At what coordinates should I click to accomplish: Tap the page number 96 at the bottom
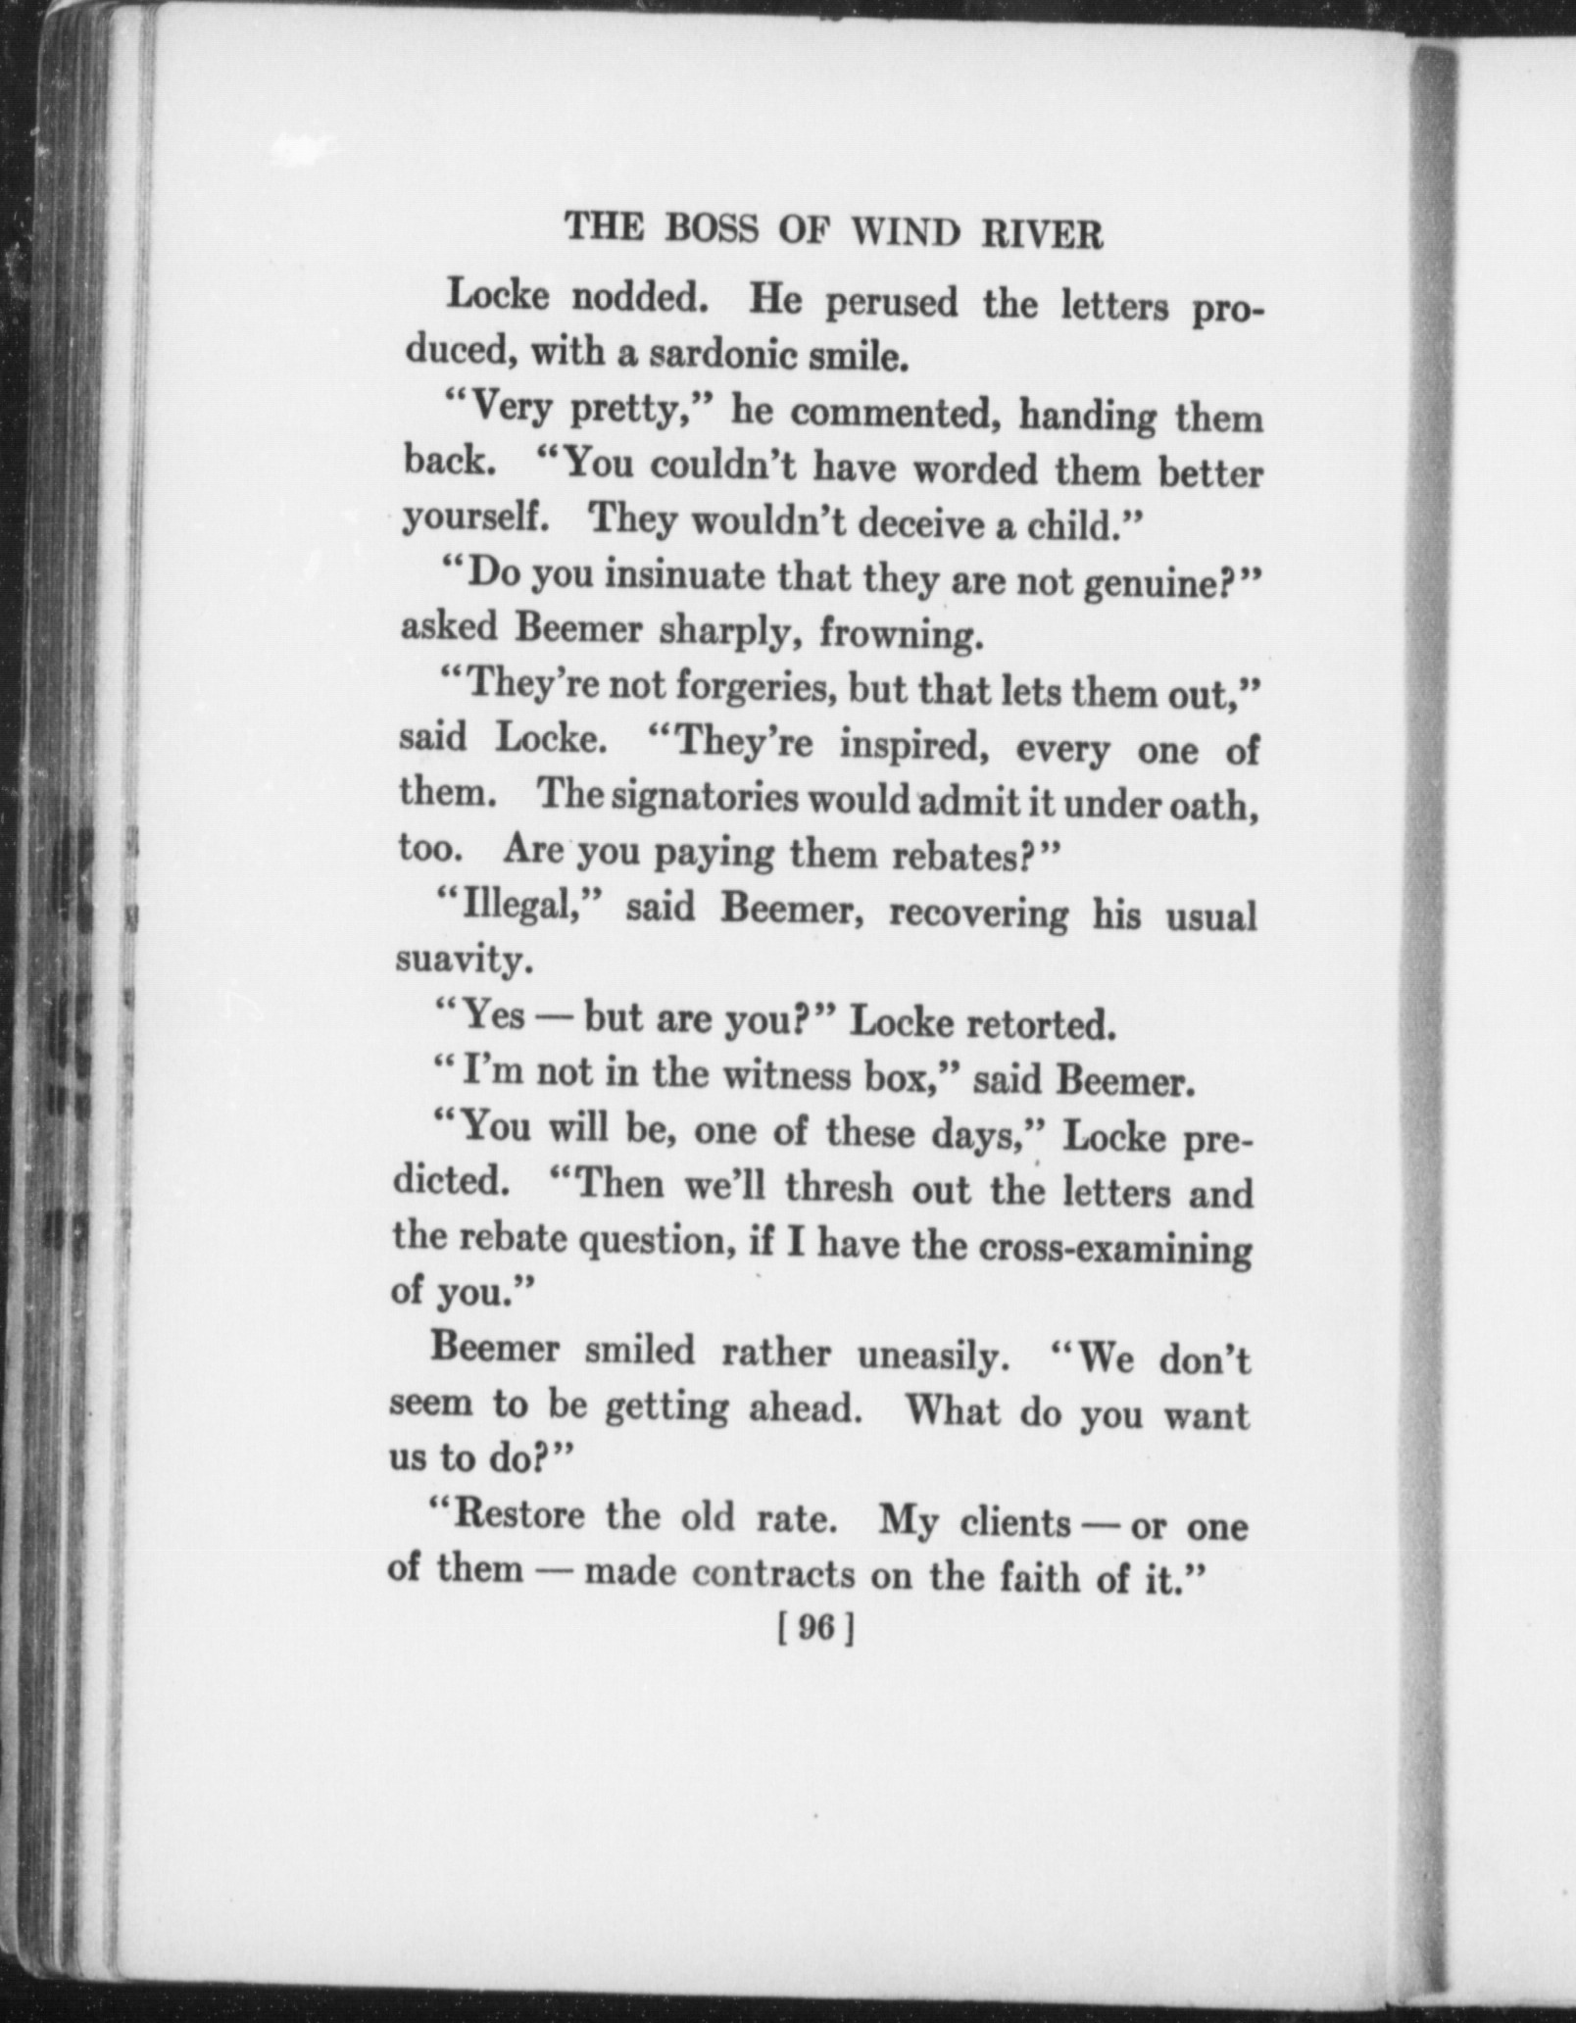(x=815, y=1628)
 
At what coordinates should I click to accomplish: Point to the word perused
(x=891, y=304)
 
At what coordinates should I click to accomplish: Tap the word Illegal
(x=517, y=907)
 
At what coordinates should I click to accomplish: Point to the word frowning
(x=901, y=637)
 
